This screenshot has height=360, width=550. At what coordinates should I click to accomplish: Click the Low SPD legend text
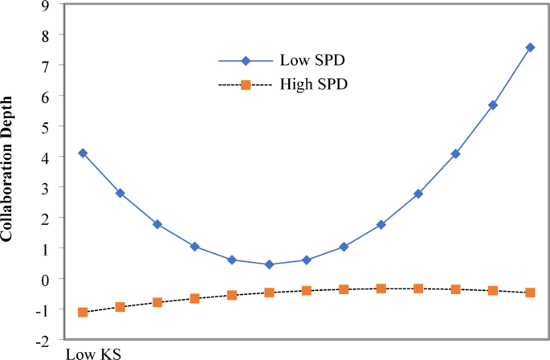coord(308,60)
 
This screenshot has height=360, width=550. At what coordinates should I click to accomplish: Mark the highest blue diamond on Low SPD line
coord(530,47)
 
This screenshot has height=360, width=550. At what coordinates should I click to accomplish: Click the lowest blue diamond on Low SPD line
coord(269,264)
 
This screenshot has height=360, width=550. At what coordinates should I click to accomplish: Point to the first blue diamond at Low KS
coord(83,153)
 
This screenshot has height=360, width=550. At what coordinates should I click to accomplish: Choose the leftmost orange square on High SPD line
coord(83,312)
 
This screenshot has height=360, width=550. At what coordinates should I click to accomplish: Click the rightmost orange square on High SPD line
coord(530,292)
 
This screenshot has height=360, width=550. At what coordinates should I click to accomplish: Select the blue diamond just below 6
coord(493,105)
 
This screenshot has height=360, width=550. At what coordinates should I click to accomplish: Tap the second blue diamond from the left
coord(120,193)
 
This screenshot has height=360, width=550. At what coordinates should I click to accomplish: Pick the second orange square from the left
coord(120,307)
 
